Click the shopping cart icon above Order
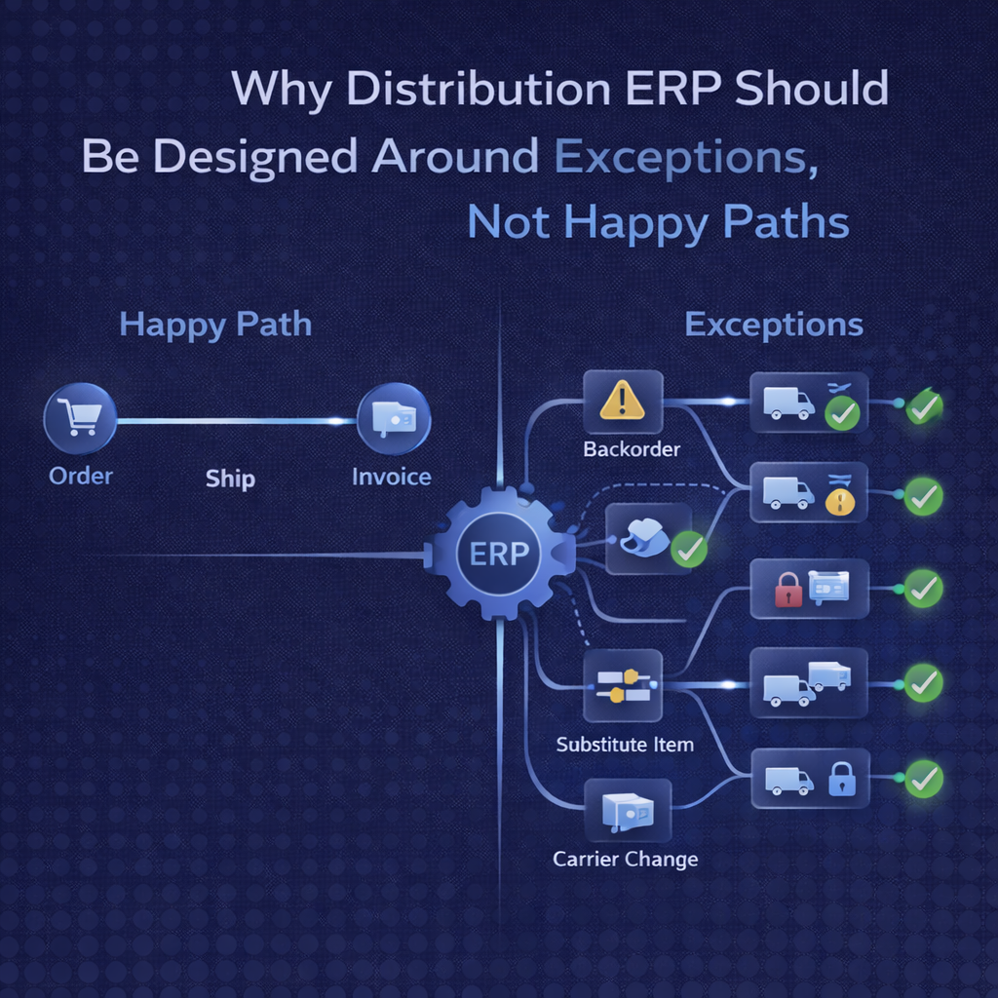click(79, 418)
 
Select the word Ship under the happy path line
click(231, 479)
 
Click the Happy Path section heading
click(215, 325)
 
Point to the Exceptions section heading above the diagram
click(774, 325)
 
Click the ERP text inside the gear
click(499, 555)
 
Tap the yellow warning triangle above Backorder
click(622, 400)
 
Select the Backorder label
click(632, 449)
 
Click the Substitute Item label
click(625, 745)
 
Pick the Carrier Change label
click(625, 859)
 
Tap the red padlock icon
click(787, 590)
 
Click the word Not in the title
click(510, 223)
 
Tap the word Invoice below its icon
click(391, 477)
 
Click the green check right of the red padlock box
click(922, 589)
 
